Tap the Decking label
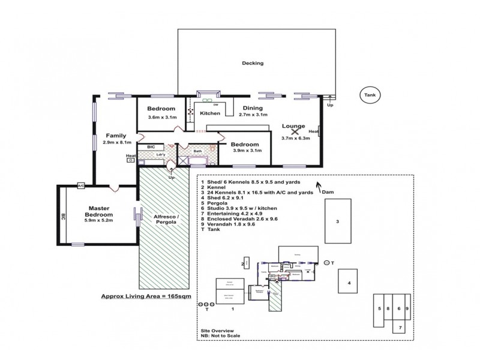[x=253, y=63]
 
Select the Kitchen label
[x=210, y=113]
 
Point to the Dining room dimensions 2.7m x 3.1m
[x=252, y=114]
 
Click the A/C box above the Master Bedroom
[x=80, y=186]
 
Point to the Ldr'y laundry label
[x=160, y=154]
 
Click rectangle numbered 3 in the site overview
[x=338, y=221]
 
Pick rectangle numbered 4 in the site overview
[x=348, y=282]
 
